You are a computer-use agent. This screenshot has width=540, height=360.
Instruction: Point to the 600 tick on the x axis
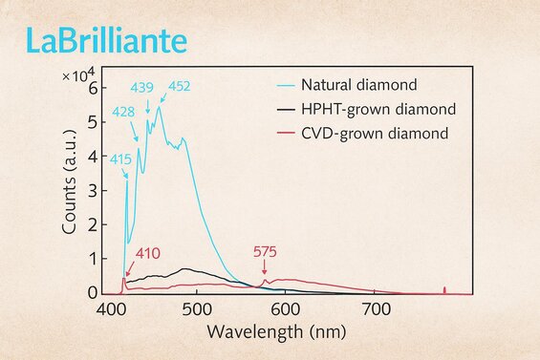coord(287,309)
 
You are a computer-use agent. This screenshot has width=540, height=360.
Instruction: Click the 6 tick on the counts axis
coord(93,88)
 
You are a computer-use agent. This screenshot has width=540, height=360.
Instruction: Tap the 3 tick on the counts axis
coord(93,190)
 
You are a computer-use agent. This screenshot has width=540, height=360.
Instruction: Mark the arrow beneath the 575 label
coord(265,269)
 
